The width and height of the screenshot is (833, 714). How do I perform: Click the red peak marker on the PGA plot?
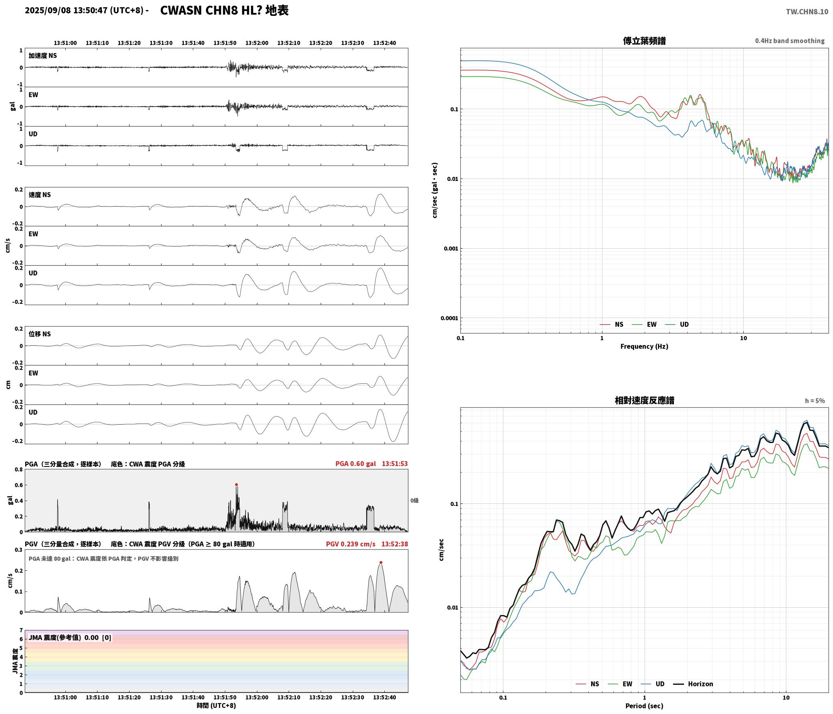pyautogui.click(x=236, y=484)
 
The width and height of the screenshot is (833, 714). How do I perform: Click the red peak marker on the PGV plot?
pyautogui.click(x=381, y=562)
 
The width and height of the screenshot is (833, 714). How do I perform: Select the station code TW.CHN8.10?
pyautogui.click(x=807, y=12)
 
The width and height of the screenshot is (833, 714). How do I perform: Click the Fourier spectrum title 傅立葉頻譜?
pyautogui.click(x=644, y=41)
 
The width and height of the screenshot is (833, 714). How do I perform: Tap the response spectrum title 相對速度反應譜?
pyautogui.click(x=644, y=400)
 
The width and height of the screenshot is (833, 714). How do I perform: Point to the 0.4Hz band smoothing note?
pyautogui.click(x=790, y=41)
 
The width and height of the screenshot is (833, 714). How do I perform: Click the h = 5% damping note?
pyautogui.click(x=815, y=401)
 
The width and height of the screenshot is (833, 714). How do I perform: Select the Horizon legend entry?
pyautogui.click(x=693, y=684)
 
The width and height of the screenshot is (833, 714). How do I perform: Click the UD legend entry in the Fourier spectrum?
pyautogui.click(x=677, y=325)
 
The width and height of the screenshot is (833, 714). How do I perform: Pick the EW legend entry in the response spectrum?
pyautogui.click(x=620, y=684)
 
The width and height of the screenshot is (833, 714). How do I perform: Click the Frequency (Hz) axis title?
pyautogui.click(x=644, y=346)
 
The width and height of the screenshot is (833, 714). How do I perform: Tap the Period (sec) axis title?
pyautogui.click(x=644, y=706)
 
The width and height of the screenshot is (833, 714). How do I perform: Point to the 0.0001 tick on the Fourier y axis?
pyautogui.click(x=449, y=318)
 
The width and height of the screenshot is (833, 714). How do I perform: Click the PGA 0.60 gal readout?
pyautogui.click(x=356, y=464)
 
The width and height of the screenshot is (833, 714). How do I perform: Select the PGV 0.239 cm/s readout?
pyautogui.click(x=351, y=544)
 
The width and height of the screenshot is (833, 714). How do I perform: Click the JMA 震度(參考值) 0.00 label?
pyautogui.click(x=64, y=638)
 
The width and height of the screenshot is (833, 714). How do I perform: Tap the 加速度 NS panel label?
pyautogui.click(x=43, y=56)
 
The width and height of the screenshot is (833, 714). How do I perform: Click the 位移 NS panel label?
pyautogui.click(x=40, y=334)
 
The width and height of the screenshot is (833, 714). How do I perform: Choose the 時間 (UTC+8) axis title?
pyautogui.click(x=216, y=705)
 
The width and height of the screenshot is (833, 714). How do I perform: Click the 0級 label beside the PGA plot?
pyautogui.click(x=414, y=501)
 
